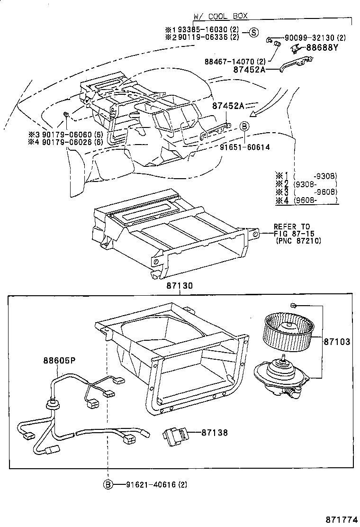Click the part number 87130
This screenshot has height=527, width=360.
click(x=180, y=286)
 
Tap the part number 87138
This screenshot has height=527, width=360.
click(x=214, y=433)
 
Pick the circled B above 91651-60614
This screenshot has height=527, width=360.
click(x=244, y=126)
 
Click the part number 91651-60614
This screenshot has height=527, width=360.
click(x=244, y=147)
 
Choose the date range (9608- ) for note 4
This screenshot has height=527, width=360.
click(x=315, y=201)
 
